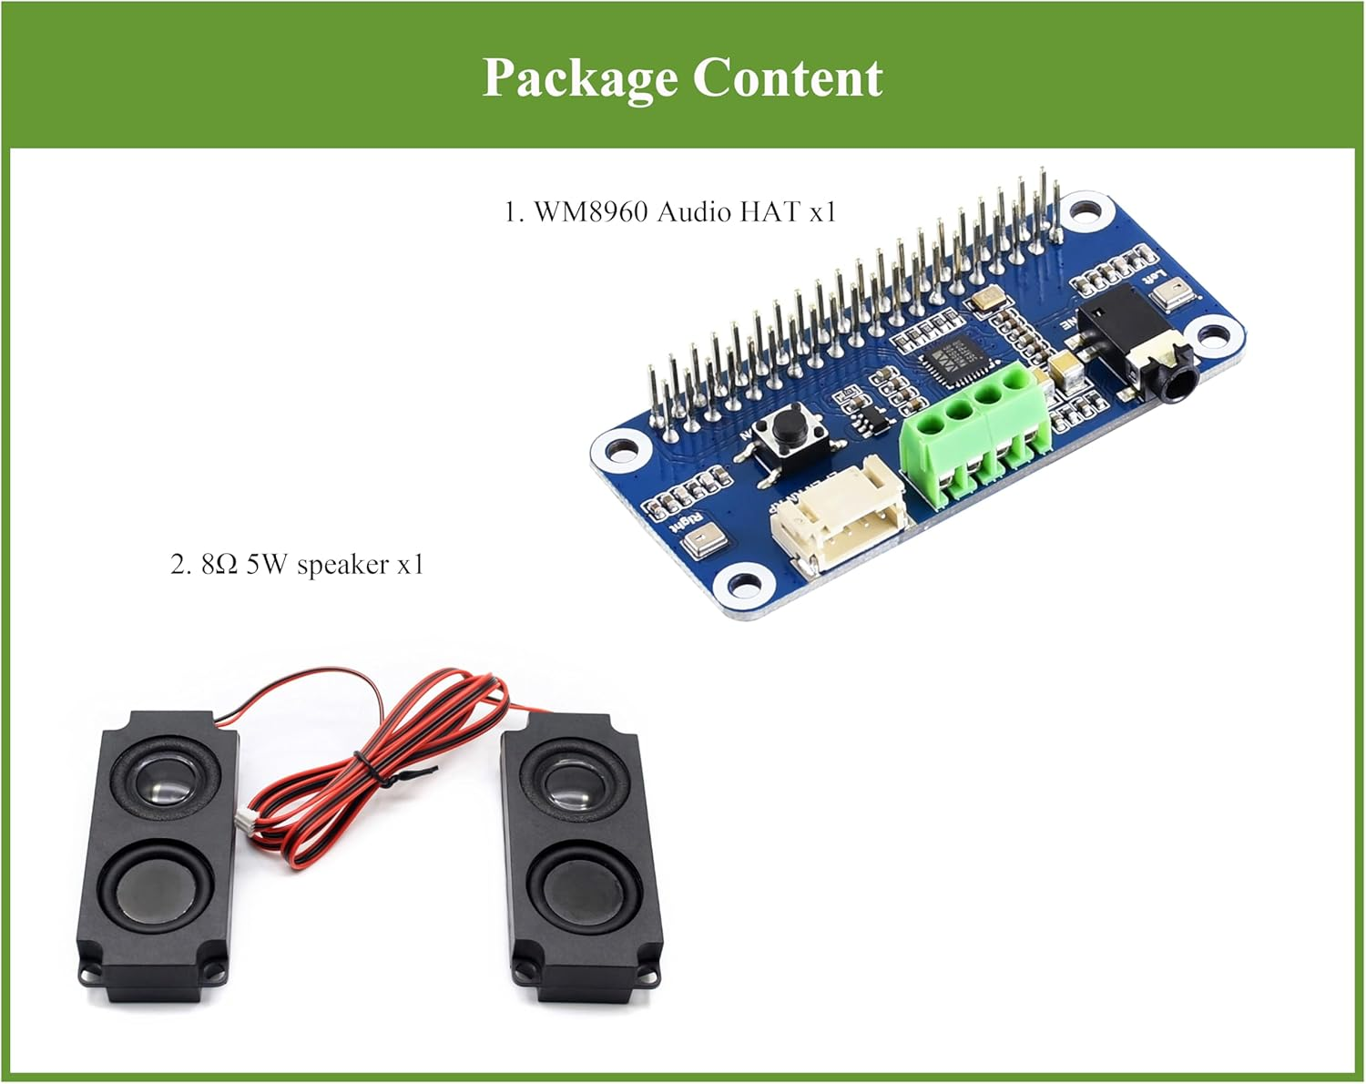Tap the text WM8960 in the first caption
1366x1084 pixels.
click(590, 212)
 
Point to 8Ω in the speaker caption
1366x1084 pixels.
click(219, 565)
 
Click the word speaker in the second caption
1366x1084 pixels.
click(343, 566)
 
